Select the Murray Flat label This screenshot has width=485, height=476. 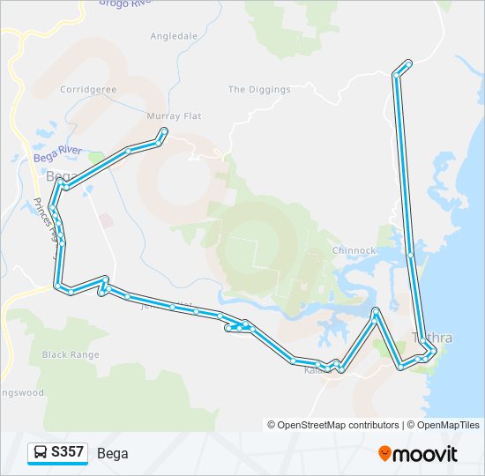click(175, 116)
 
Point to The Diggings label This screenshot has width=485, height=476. click(259, 90)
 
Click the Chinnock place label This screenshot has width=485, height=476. click(354, 250)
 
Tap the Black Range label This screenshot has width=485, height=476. click(71, 354)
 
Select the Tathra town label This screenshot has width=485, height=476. click(434, 338)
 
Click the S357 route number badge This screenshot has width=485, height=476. click(67, 453)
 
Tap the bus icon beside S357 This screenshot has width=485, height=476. click(41, 453)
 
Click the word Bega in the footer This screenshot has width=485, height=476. click(113, 454)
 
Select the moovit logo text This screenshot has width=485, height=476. click(426, 454)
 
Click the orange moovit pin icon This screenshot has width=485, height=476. click(385, 454)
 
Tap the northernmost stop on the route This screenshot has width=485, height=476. click(408, 63)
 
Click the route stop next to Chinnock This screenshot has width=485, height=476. click(411, 256)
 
